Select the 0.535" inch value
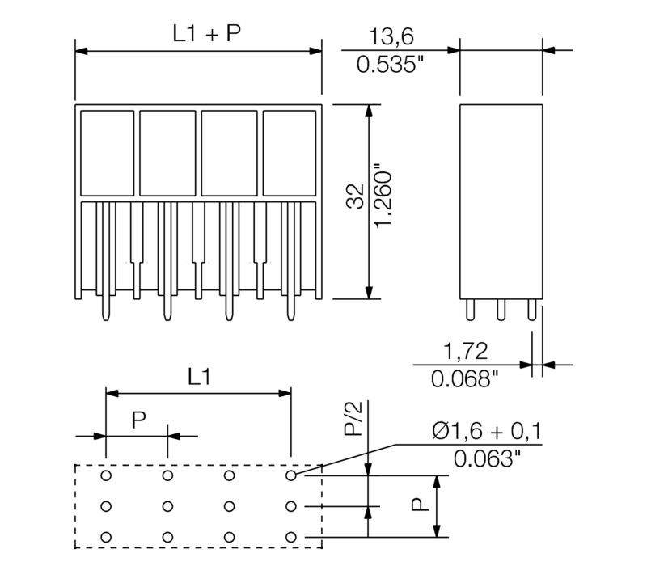[391, 64]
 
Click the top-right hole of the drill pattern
[290, 476]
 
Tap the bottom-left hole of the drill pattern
[106, 537]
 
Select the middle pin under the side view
[501, 310]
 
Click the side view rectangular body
[501, 201]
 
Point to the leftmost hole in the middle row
[106, 507]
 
